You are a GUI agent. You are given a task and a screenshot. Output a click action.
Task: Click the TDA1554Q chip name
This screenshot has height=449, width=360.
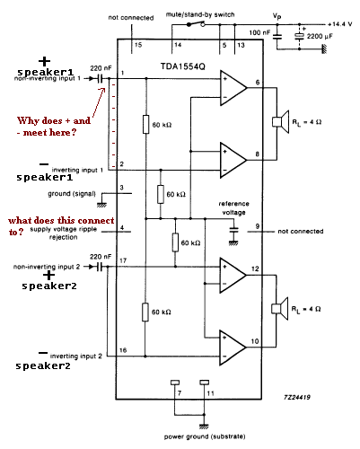click(x=183, y=66)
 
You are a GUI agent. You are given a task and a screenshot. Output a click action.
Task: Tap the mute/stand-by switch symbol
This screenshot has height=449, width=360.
click(x=196, y=23)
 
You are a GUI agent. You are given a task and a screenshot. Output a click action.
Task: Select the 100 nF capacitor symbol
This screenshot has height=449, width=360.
click(x=277, y=37)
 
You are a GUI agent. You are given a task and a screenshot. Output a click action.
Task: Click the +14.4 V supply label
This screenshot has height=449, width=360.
click(x=340, y=24)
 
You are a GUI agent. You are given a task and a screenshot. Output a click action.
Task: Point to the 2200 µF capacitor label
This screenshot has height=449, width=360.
click(x=320, y=36)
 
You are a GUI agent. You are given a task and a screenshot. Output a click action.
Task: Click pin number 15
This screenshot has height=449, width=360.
click(x=138, y=45)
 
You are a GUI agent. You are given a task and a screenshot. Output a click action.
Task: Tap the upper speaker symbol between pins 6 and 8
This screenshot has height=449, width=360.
click(x=281, y=122)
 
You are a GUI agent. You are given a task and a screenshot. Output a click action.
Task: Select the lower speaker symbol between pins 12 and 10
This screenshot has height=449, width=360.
click(x=280, y=309)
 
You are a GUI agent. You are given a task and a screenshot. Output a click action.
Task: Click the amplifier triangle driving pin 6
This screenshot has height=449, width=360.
click(x=233, y=88)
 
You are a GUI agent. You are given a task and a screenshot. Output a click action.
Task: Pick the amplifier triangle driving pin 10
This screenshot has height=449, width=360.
click(x=233, y=348)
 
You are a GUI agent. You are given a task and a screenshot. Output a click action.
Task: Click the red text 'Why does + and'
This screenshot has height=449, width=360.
click(x=54, y=120)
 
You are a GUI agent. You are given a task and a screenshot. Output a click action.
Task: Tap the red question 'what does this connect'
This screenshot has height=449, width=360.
click(x=61, y=221)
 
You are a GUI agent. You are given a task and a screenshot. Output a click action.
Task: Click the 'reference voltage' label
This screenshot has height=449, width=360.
click(x=233, y=208)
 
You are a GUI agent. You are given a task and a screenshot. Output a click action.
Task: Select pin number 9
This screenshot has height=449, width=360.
click(x=257, y=226)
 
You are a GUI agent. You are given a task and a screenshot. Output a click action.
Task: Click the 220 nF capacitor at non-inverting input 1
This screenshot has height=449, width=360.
click(x=100, y=79)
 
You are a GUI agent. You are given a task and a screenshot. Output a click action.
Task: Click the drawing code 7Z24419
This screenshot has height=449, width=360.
click(x=297, y=397)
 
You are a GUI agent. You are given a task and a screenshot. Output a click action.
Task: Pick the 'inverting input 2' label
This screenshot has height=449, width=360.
click(x=76, y=357)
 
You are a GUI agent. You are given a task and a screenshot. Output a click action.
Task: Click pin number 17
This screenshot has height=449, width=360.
click(x=123, y=260)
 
